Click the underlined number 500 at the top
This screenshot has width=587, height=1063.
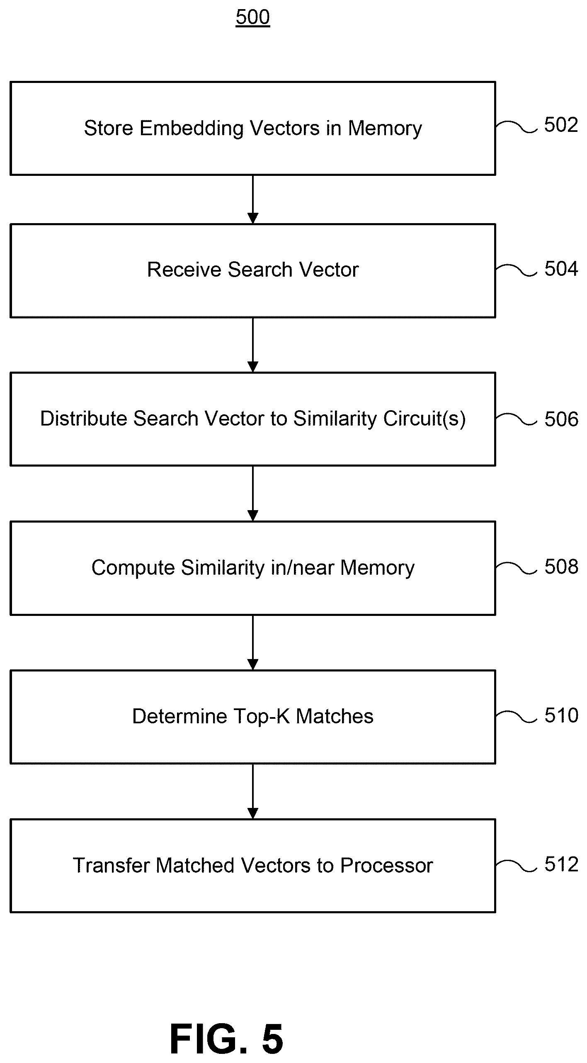(x=253, y=17)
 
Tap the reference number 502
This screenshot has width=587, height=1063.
(x=561, y=125)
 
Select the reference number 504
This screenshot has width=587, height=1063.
(x=561, y=269)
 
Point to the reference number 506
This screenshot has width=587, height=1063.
(x=561, y=419)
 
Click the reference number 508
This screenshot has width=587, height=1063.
(x=561, y=566)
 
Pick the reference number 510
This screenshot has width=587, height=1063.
(x=561, y=715)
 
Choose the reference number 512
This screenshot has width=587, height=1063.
(x=561, y=864)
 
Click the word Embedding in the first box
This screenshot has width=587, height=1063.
(x=192, y=129)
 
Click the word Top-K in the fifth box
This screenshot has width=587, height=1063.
(x=261, y=716)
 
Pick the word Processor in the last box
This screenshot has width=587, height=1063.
(x=386, y=866)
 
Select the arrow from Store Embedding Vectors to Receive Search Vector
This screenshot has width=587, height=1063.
(x=253, y=199)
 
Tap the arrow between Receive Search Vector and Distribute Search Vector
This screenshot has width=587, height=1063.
(x=253, y=345)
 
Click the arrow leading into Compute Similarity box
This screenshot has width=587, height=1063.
(x=253, y=494)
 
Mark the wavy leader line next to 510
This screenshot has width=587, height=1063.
(x=517, y=716)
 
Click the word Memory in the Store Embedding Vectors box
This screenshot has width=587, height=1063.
(x=385, y=129)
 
